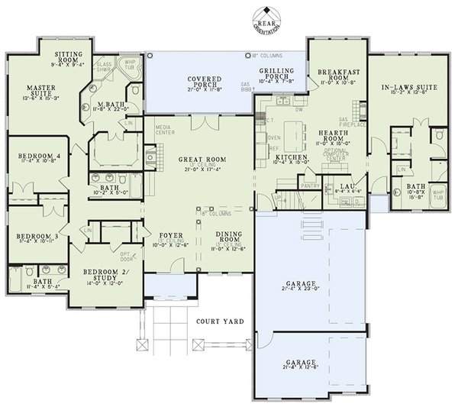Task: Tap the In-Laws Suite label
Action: [408, 88]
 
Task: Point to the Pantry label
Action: [309, 185]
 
